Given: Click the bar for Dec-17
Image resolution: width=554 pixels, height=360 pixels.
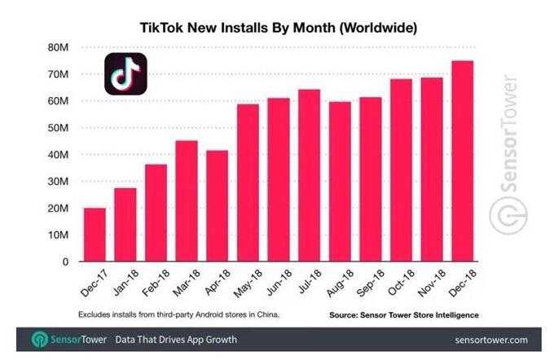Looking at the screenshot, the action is click(x=95, y=235).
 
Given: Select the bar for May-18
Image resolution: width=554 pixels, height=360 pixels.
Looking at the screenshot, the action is click(x=248, y=182).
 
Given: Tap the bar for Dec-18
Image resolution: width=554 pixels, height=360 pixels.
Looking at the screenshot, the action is click(x=463, y=161).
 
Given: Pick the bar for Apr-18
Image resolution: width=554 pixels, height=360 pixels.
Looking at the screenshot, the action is click(x=218, y=206).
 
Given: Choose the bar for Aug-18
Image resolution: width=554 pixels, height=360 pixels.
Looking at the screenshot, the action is click(x=340, y=182).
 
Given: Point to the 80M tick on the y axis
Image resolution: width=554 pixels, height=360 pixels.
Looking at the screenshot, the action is click(x=59, y=47).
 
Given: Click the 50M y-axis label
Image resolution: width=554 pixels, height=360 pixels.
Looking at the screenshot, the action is click(x=59, y=128).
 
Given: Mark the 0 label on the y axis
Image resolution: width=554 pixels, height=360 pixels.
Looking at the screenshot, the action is click(x=65, y=261).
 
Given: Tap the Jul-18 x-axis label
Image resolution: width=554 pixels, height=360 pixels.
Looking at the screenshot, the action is click(x=310, y=281).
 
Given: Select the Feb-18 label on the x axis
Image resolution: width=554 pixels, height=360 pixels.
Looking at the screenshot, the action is click(x=156, y=283).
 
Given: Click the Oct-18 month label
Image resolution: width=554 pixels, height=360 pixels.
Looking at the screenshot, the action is click(x=401, y=283).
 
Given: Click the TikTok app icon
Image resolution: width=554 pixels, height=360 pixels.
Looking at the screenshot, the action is click(x=125, y=74).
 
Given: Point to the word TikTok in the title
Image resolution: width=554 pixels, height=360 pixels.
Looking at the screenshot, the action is click(x=161, y=28).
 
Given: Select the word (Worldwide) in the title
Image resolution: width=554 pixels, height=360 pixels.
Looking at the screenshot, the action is click(x=378, y=28).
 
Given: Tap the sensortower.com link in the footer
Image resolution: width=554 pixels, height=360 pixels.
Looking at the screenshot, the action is click(x=491, y=340).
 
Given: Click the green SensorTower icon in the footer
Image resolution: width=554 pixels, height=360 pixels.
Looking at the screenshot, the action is click(x=40, y=340).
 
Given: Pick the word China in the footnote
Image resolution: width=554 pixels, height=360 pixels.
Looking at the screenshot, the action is click(x=268, y=314).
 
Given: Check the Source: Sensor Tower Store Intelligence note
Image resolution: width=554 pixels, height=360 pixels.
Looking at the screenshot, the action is click(x=404, y=315).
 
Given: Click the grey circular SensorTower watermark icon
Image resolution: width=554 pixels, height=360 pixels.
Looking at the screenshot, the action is click(x=508, y=215).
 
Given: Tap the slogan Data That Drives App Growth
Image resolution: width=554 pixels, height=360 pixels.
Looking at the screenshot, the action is click(x=176, y=340).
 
